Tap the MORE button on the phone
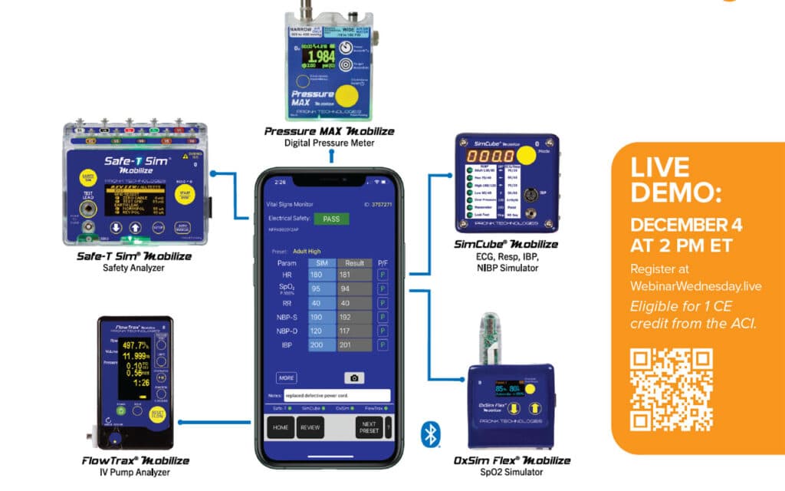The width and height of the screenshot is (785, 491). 287,378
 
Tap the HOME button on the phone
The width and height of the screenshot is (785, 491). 281,427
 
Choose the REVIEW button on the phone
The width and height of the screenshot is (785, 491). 310,427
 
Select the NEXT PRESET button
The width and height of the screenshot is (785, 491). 369,427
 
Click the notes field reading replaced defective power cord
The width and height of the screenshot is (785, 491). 336,396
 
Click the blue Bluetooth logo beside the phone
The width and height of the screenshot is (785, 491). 431,434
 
